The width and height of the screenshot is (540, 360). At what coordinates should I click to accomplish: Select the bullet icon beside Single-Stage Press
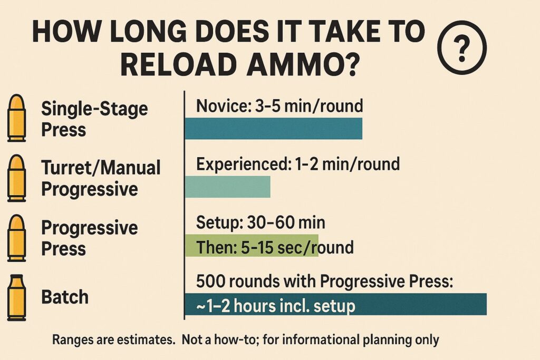[x=17, y=118]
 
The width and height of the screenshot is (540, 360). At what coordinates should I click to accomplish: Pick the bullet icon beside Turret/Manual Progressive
[x=17, y=178]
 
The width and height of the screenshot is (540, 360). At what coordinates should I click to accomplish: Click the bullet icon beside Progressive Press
[x=17, y=238]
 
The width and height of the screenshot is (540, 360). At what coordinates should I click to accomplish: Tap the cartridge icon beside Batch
[x=17, y=298]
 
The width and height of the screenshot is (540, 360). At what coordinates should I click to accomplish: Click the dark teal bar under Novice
[x=273, y=129]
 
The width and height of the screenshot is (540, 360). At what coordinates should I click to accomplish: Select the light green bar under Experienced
[x=227, y=187]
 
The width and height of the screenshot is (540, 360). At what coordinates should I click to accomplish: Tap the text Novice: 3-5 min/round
[x=279, y=106]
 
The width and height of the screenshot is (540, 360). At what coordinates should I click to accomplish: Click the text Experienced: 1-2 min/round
[x=297, y=164]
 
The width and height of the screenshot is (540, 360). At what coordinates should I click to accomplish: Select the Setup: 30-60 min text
[x=261, y=223]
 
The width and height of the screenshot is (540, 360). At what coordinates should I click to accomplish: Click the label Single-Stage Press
[x=94, y=119]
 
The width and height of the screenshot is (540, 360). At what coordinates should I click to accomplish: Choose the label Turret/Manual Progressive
[x=100, y=178]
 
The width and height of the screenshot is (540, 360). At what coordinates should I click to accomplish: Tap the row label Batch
[x=64, y=297]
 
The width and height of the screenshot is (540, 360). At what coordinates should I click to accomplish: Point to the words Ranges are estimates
[x=114, y=340]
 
